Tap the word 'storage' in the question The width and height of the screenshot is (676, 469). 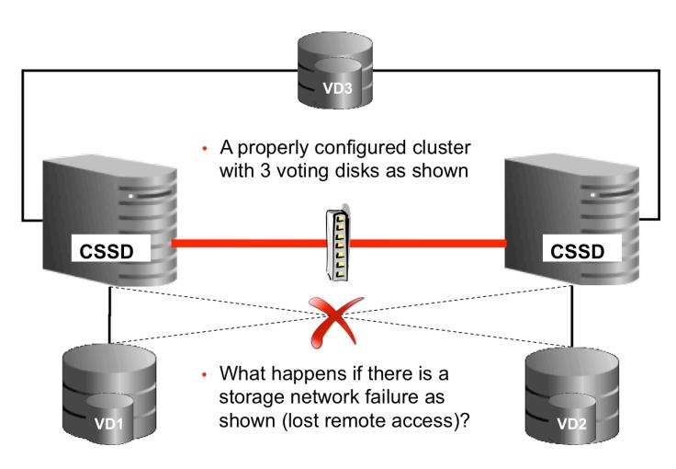click(259, 401)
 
